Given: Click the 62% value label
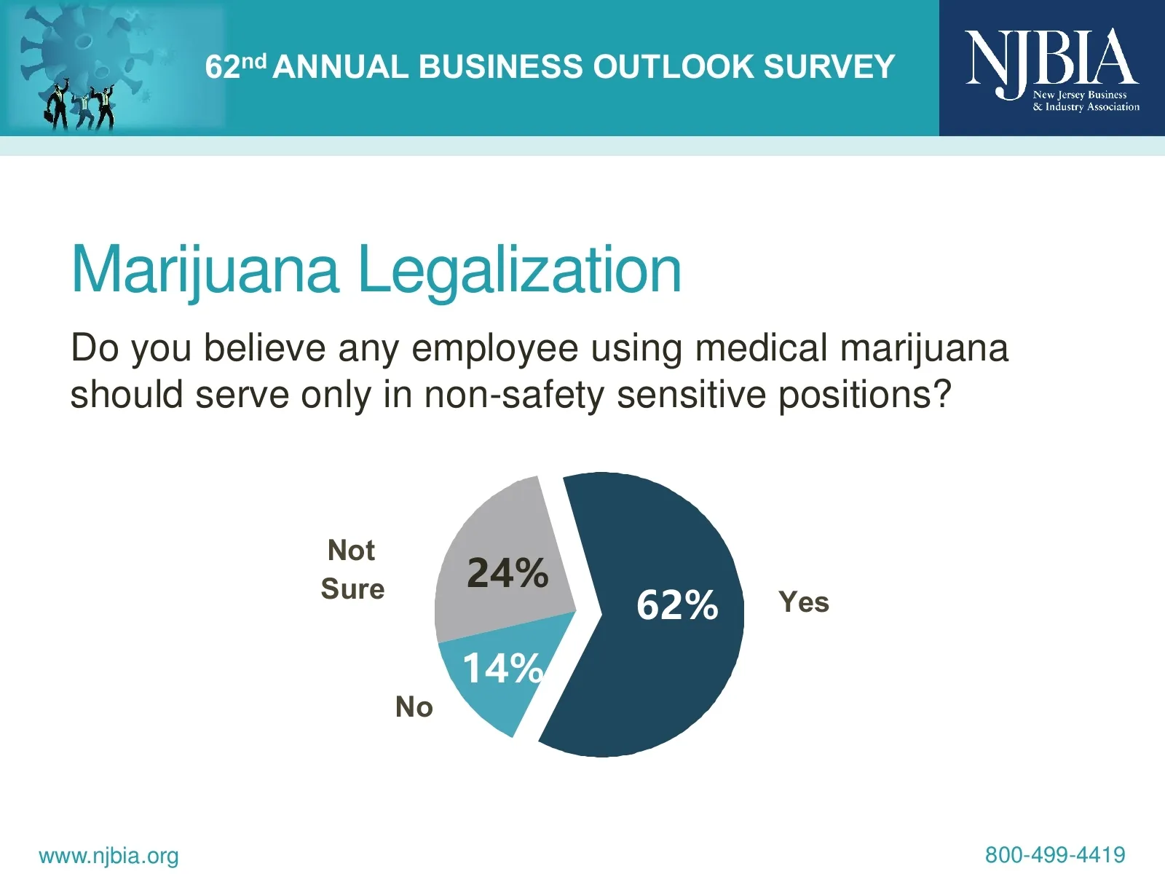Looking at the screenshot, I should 677,605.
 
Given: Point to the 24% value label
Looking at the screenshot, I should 508,573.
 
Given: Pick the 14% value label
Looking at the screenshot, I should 502,668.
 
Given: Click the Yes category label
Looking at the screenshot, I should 804,602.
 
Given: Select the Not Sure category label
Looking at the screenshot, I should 352,570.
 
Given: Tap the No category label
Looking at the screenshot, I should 414,707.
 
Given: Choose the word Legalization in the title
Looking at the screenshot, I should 520,270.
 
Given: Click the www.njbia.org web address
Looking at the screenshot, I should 108,855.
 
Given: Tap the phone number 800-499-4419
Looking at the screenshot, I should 1055,854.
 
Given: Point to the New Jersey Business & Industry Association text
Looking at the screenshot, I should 1086,101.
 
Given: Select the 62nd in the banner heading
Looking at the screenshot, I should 235,66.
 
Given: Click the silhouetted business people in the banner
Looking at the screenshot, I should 80,108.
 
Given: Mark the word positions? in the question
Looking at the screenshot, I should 865,395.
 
